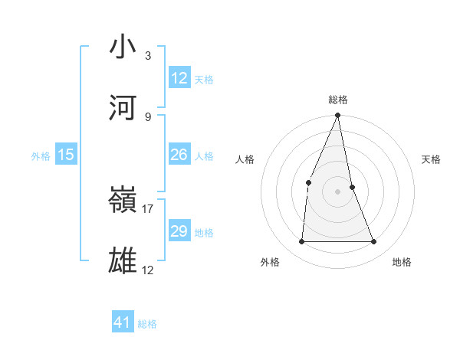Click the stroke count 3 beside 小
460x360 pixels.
tap(148, 55)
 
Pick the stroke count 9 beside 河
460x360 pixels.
tap(148, 116)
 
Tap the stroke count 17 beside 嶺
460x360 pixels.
tap(148, 208)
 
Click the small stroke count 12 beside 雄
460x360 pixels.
tap(148, 270)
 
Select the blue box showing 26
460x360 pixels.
tap(179, 155)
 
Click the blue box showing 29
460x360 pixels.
tap(179, 231)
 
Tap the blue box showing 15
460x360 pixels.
tap(66, 155)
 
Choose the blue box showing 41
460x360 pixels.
tap(123, 322)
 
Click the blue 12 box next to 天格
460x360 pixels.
tap(179, 78)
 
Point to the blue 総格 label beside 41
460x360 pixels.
tap(147, 324)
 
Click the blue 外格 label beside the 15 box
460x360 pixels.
tap(41, 156)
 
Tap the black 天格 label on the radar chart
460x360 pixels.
tap(432, 159)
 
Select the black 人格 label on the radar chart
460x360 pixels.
tap(245, 159)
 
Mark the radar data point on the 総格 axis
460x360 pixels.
tap(338, 116)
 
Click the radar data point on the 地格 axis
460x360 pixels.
tap(374, 241)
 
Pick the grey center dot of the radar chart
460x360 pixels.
tap(338, 191)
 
